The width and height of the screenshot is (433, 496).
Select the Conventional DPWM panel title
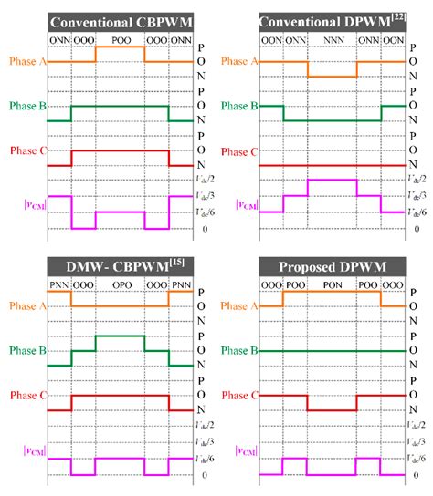(x=327, y=22)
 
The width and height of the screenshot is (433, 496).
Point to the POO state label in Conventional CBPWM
(x=120, y=41)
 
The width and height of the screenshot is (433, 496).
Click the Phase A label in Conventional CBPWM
(x=24, y=61)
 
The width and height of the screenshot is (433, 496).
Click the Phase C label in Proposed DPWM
(x=236, y=398)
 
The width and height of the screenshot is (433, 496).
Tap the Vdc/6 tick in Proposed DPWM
(x=419, y=458)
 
